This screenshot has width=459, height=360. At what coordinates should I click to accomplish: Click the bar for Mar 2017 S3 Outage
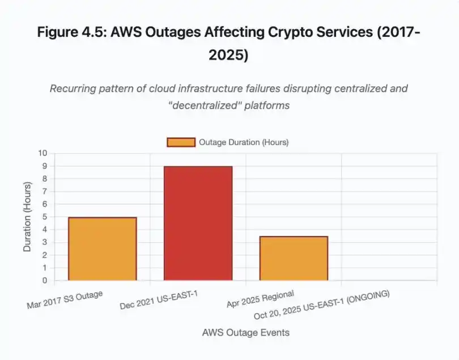(102, 249)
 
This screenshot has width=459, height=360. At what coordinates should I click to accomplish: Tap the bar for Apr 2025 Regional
(294, 259)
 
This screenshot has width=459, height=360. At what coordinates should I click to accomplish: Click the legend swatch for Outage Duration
(181, 142)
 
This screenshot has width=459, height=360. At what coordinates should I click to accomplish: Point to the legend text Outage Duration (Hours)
(244, 142)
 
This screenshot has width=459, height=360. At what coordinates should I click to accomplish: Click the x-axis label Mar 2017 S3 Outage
(65, 300)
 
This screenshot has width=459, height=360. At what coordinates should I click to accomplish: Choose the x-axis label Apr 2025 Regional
(260, 299)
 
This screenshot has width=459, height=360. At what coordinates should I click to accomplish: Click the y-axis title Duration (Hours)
(27, 217)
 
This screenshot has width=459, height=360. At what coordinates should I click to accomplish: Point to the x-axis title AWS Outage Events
(246, 333)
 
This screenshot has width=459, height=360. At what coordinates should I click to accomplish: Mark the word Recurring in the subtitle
(70, 89)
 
